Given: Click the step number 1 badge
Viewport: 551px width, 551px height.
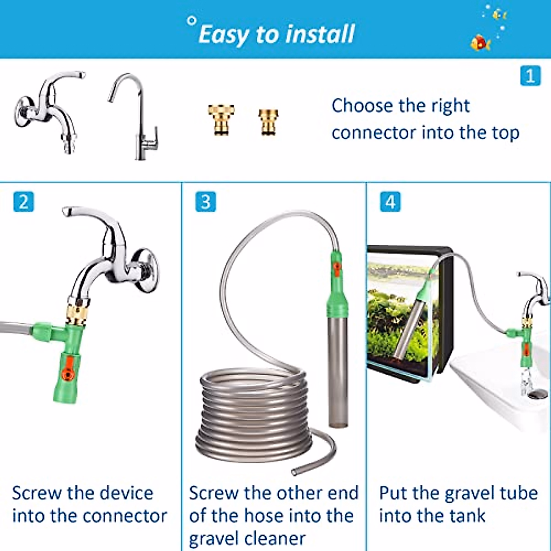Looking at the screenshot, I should click(530, 76).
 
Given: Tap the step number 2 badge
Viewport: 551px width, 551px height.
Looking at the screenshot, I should click(23, 202).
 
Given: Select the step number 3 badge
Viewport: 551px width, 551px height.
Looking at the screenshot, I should click(205, 202).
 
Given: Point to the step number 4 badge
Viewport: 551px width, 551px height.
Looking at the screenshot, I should click(390, 202).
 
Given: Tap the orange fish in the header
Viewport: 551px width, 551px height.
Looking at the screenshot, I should click(480, 43).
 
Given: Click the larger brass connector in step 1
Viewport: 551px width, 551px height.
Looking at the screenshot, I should click(221, 120).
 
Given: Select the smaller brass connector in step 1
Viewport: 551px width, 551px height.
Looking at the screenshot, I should click(269, 121).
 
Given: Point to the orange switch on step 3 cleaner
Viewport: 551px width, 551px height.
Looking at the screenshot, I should click(337, 269).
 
